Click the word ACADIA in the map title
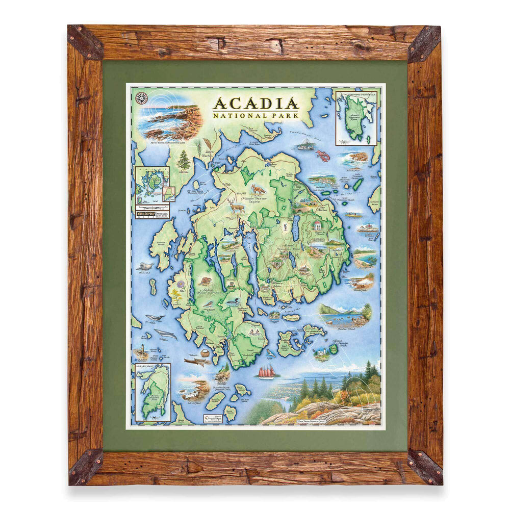tap(256, 104)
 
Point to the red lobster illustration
tap(323, 155)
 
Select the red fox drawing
tap(258, 190)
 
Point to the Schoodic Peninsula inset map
tap(356, 117)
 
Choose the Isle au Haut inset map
tap(151, 392)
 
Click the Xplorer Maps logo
tap(144, 210)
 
